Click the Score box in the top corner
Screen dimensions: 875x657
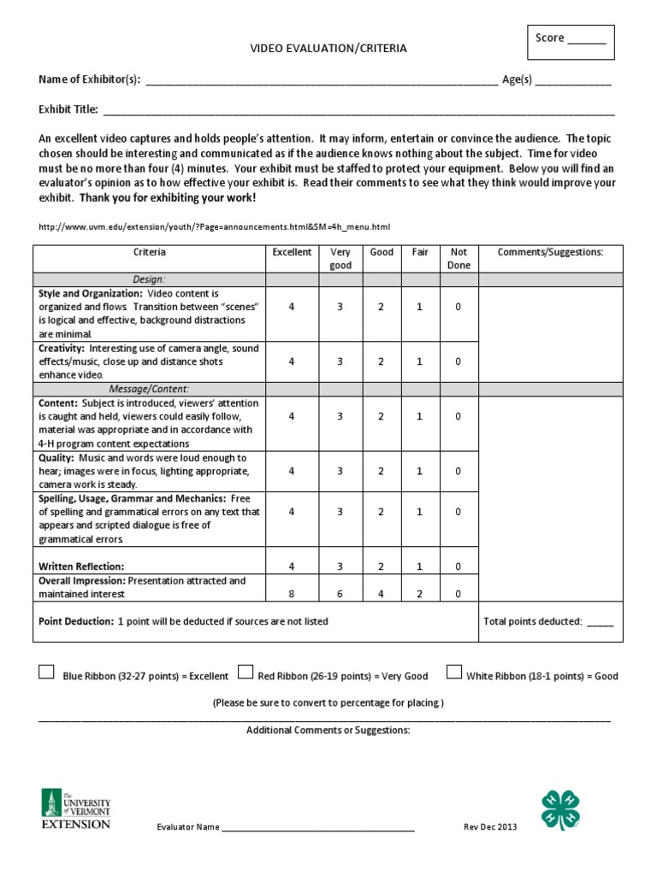[x=571, y=44]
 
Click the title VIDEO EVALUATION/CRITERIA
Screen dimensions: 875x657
[x=328, y=49]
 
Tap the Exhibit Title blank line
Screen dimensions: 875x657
[x=358, y=111]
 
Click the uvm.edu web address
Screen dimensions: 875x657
[x=215, y=227]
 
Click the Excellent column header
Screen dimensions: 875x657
[x=292, y=253]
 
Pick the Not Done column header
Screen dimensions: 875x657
[x=459, y=259]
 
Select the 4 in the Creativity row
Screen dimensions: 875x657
[x=292, y=361]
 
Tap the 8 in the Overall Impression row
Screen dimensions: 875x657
[x=292, y=594]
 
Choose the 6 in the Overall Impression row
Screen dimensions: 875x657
[x=340, y=594]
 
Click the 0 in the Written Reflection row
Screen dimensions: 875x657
[x=459, y=567]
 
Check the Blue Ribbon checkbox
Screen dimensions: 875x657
[x=46, y=672]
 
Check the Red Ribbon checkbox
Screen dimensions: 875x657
[x=245, y=672]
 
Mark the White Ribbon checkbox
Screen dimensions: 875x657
[x=453, y=672]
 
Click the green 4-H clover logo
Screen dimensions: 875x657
[x=560, y=809]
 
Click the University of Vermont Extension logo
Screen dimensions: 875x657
[x=76, y=807]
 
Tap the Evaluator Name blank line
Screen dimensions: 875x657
[x=318, y=829]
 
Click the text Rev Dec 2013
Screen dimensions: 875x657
[x=490, y=827]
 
